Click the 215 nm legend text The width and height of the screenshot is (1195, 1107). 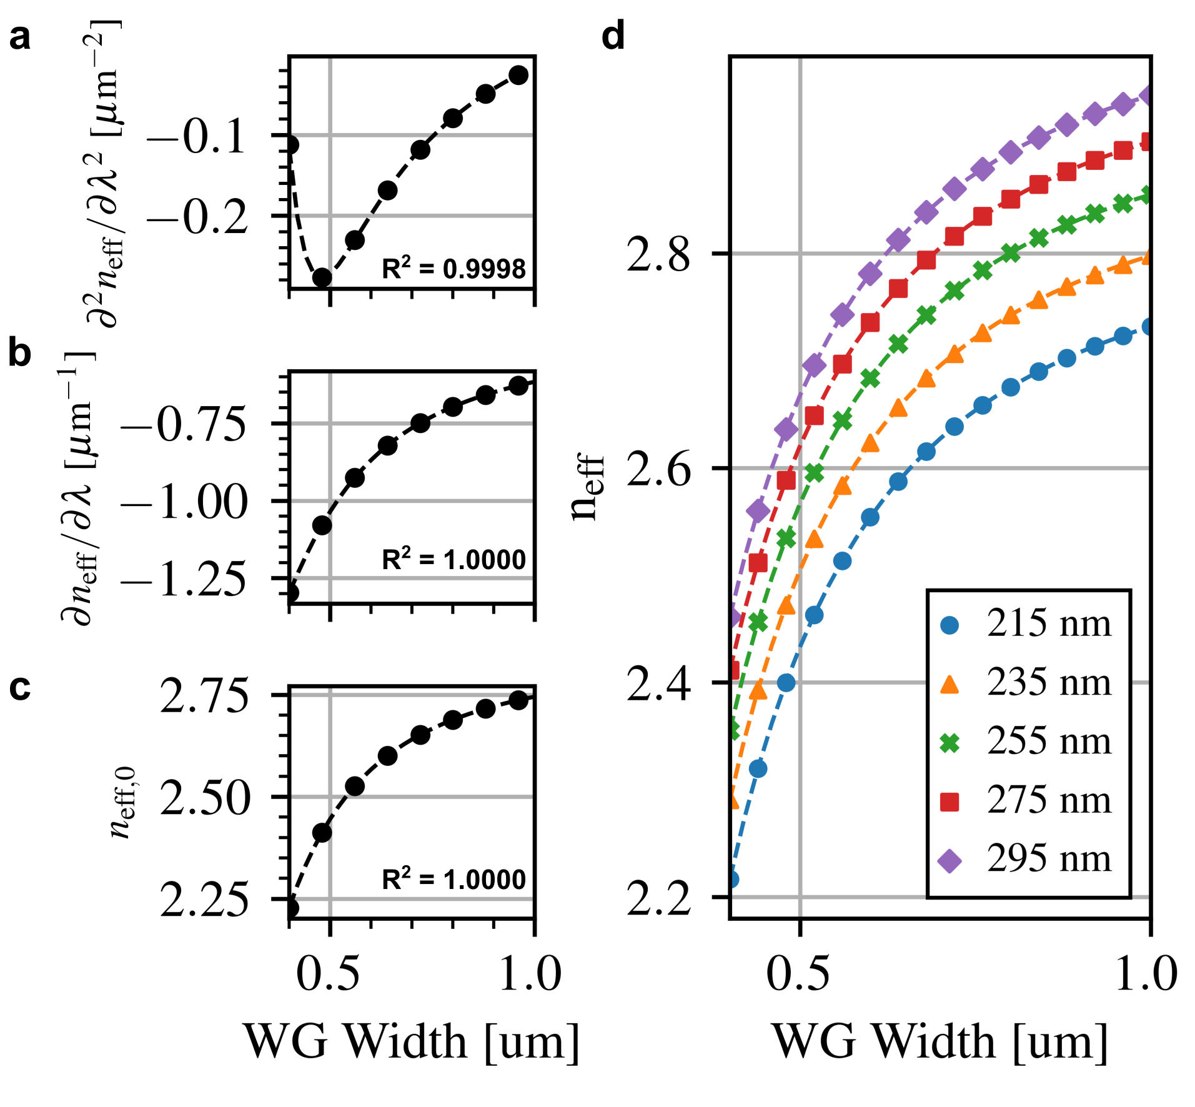(x=1049, y=623)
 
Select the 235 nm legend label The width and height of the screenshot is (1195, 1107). (x=1049, y=682)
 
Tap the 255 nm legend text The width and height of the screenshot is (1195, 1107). (x=1049, y=742)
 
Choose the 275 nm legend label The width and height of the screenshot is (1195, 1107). (x=1049, y=800)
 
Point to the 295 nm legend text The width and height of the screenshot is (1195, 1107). (x=1049, y=859)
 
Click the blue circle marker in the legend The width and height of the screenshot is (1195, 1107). (x=950, y=625)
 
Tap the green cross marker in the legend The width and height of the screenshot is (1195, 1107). (x=950, y=743)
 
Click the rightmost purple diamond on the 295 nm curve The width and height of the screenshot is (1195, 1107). (x=1146, y=96)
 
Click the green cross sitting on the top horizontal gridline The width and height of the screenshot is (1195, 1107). (x=1010, y=253)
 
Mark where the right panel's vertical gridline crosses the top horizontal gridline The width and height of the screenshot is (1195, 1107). (x=800, y=253)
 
